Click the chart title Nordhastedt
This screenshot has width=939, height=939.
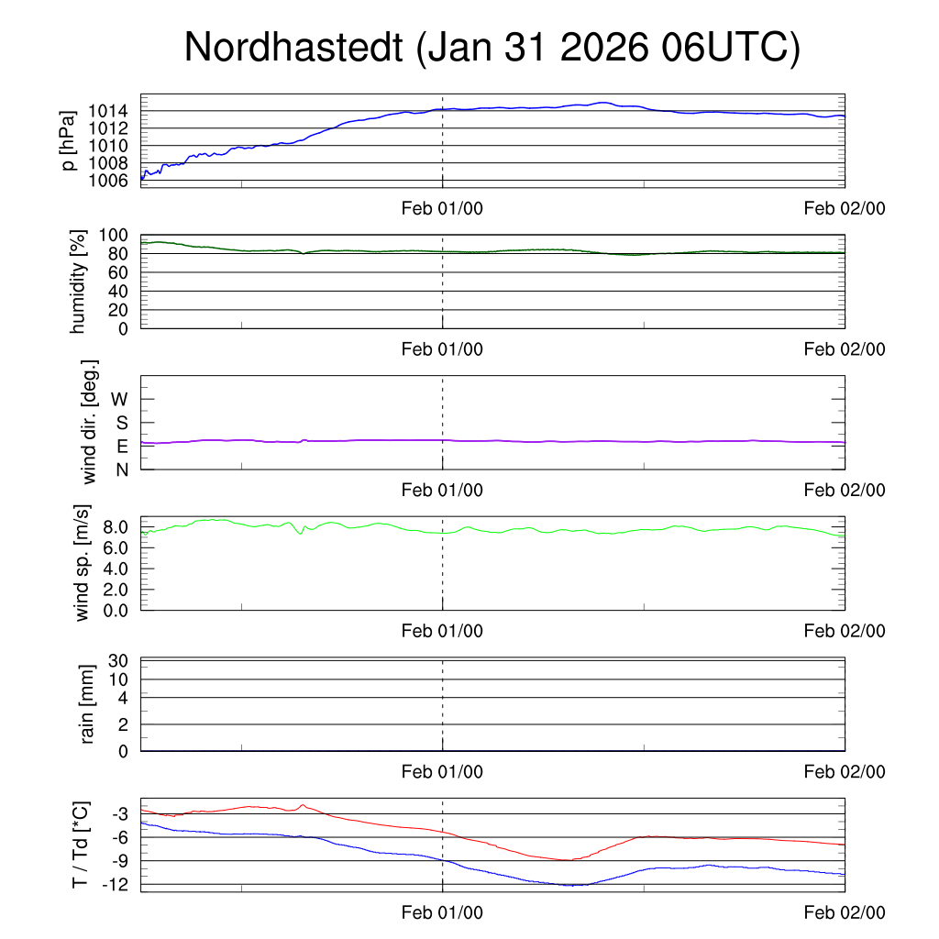click(492, 48)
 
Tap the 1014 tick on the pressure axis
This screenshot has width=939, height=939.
click(109, 111)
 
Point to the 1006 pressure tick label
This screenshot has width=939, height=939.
click(109, 180)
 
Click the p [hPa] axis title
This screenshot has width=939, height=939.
click(68, 140)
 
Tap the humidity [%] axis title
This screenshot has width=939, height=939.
click(78, 282)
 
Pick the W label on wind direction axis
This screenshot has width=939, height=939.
click(119, 399)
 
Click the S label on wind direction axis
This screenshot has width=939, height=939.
click(121, 423)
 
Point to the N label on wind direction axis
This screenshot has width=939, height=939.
click(121, 469)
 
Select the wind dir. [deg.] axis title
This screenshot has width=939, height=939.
click(90, 422)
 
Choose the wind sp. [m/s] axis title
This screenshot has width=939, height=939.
click(83, 562)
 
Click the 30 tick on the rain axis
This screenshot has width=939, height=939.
click(119, 661)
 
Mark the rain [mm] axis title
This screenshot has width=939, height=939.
click(88, 704)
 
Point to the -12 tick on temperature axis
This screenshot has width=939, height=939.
click(115, 884)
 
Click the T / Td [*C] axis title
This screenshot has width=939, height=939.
click(82, 845)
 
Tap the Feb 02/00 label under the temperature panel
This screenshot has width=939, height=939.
click(845, 912)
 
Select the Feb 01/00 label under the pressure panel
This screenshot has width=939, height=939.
click(442, 208)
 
